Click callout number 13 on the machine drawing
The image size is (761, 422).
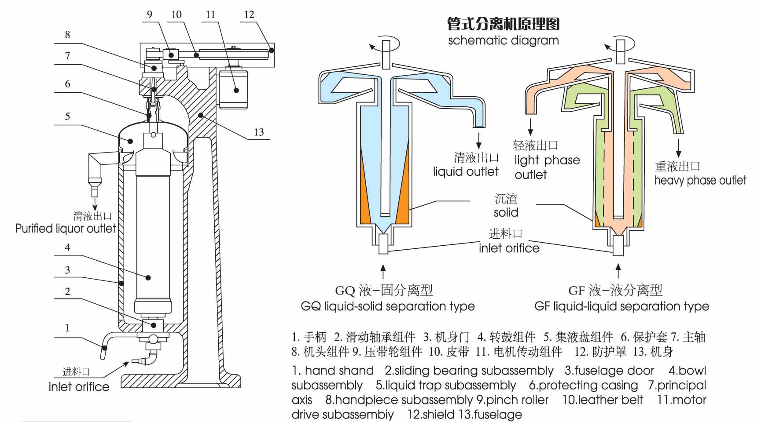point(259,132)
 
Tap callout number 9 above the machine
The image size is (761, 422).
point(150,15)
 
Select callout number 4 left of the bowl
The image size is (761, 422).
point(67,247)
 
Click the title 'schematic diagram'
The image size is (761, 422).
point(503,40)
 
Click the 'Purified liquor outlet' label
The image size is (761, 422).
point(66,229)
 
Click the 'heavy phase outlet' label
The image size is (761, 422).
point(700,180)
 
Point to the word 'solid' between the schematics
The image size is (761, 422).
point(506,213)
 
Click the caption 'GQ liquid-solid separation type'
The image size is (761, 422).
point(387,306)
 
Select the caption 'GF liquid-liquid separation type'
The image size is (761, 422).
point(621,306)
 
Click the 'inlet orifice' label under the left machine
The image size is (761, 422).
point(79,387)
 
